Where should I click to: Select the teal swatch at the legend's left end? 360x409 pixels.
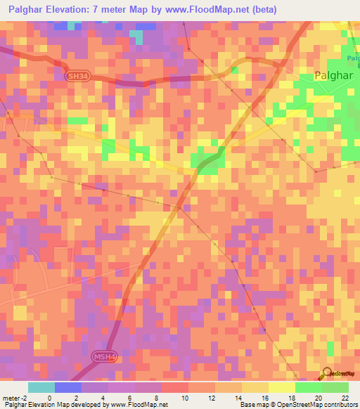tap(41, 387)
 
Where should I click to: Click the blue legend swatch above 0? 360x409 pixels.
tap(67, 387)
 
